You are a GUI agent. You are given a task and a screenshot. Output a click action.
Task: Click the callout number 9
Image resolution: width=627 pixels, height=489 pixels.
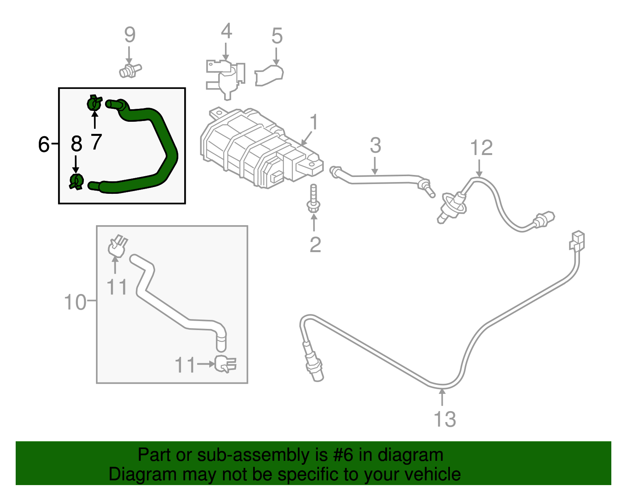[x=130, y=35]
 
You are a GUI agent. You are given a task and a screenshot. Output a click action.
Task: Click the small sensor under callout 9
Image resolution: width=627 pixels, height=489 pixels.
[x=129, y=71]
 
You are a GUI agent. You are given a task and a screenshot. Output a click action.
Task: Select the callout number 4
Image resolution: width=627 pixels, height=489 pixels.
[x=226, y=31]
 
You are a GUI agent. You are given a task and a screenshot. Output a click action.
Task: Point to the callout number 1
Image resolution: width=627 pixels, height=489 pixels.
[x=314, y=123]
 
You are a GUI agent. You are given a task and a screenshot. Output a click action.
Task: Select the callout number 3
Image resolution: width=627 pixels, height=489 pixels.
[x=375, y=146]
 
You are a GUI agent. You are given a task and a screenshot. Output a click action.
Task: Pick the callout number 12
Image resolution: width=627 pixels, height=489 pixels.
[x=481, y=148]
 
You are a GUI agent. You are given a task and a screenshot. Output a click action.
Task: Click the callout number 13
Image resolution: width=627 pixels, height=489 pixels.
[x=445, y=419]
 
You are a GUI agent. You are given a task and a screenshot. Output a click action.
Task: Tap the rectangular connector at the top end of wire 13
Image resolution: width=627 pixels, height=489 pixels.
[x=577, y=240]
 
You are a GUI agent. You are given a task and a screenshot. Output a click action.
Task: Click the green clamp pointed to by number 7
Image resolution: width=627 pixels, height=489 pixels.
[x=94, y=103]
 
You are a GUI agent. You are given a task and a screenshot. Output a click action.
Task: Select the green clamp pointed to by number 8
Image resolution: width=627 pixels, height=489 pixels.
[x=76, y=181]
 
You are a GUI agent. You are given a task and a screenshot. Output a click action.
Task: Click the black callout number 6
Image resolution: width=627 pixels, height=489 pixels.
[x=44, y=144]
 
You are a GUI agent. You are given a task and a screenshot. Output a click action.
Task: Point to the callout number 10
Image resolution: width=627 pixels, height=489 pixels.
[x=74, y=302]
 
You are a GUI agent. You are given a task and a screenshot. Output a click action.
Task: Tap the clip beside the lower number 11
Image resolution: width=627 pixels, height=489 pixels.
[x=225, y=364]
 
